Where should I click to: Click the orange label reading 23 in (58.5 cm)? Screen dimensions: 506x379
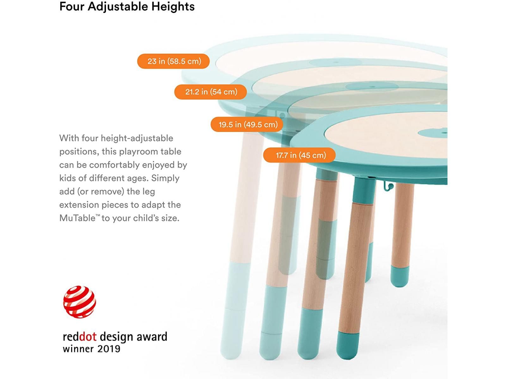point(173,61)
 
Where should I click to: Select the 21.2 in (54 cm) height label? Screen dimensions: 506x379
point(211,92)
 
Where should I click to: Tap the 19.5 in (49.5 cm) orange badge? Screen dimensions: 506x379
point(247,124)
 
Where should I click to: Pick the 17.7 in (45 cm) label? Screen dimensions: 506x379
point(299,155)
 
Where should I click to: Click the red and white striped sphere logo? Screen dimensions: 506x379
point(79,302)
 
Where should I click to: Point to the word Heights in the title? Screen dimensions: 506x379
point(173,6)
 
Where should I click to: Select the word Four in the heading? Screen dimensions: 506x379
point(72,6)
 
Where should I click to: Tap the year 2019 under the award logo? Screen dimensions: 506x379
point(109,349)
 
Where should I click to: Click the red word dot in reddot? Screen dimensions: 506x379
point(88,337)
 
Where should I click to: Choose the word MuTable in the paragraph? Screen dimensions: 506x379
point(77,218)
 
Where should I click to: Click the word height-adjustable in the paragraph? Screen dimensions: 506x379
point(137,138)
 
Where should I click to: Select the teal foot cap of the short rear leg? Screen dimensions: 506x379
point(400,276)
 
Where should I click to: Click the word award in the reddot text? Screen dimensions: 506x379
point(152,337)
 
